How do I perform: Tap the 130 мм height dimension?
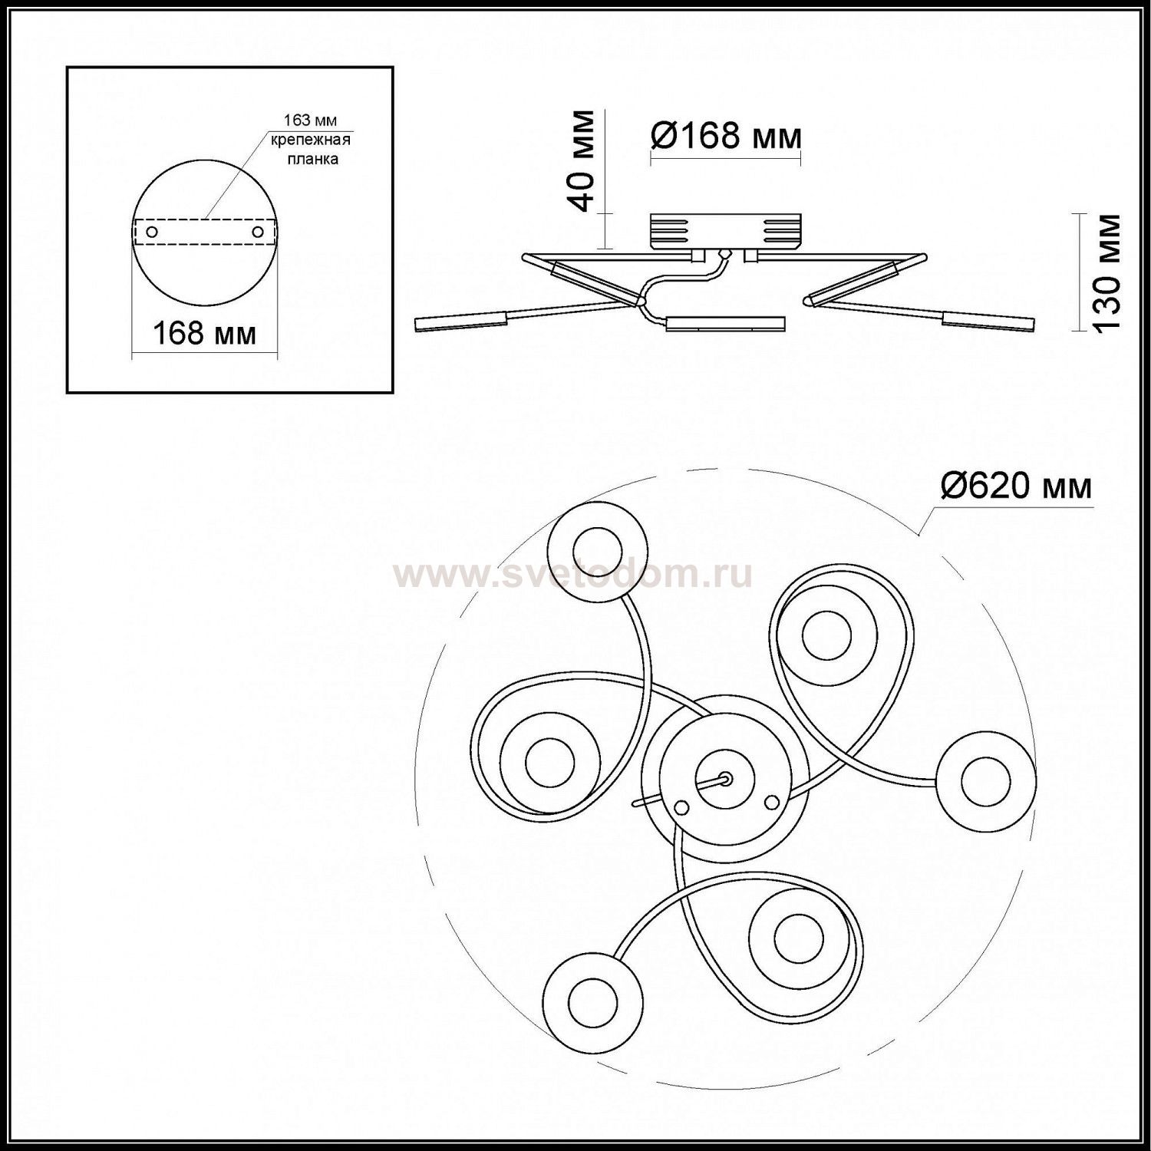click(1106, 272)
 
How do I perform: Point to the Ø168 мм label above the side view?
click(726, 137)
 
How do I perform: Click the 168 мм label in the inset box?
click(205, 334)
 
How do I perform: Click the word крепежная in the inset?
click(310, 140)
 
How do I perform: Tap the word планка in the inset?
click(312, 160)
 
